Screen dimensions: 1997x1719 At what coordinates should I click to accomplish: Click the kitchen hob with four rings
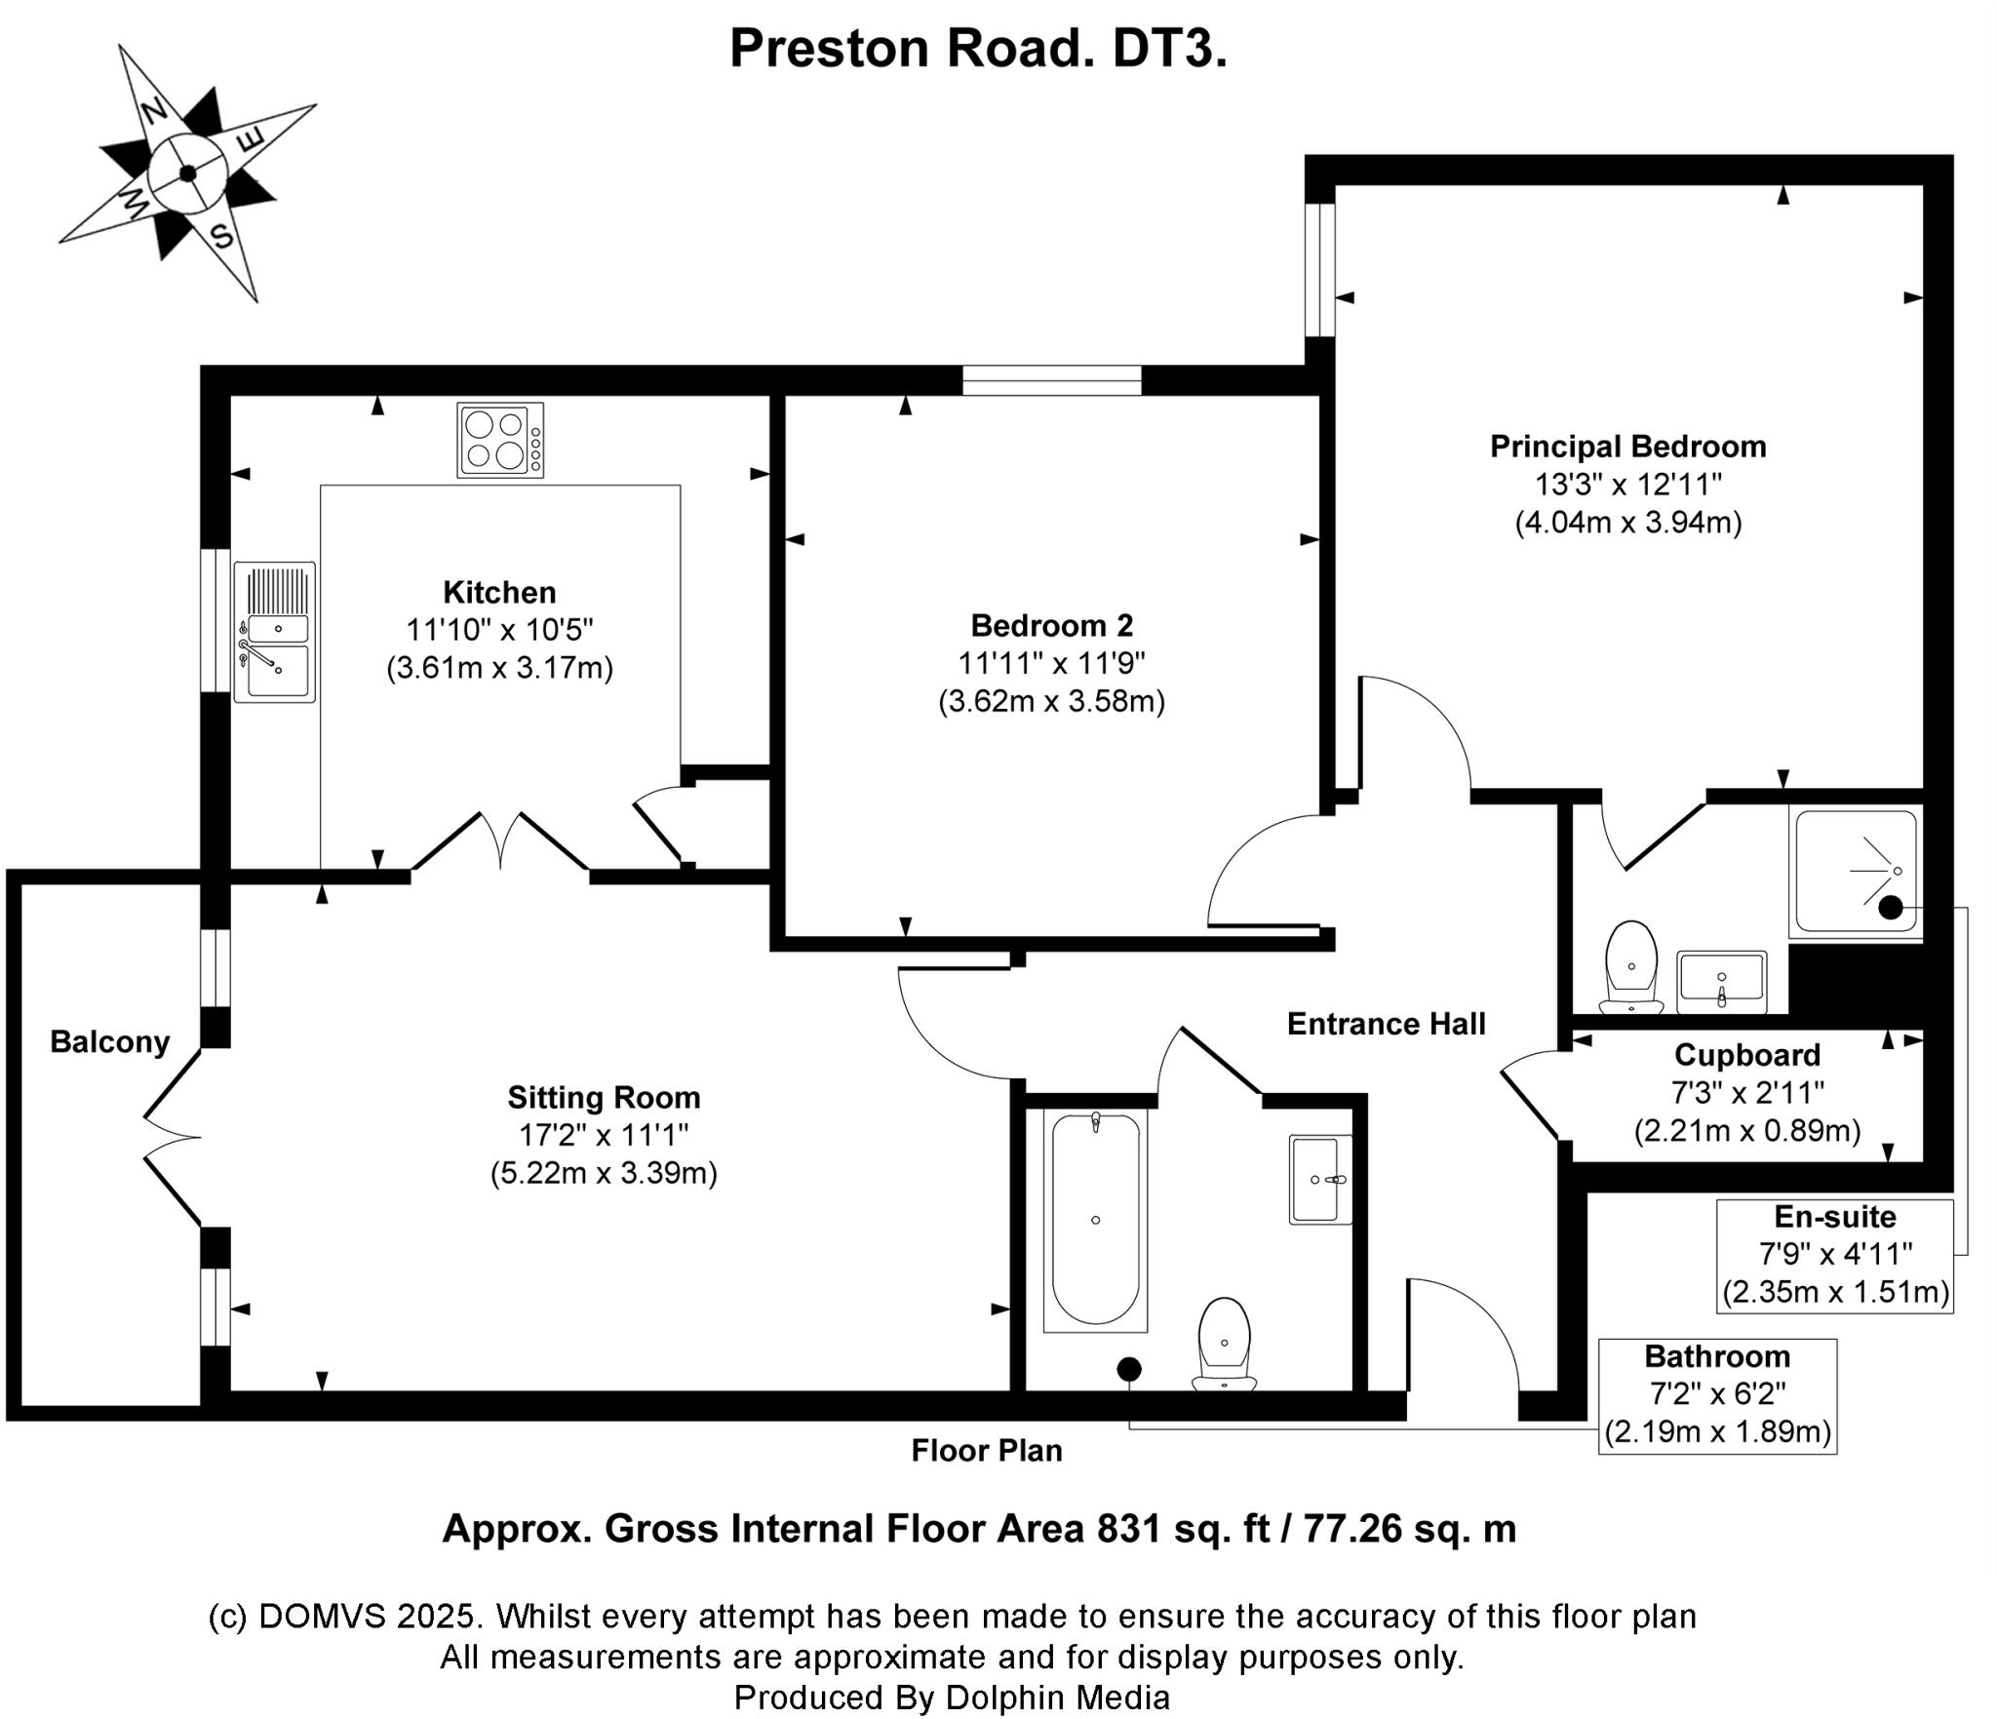point(500,440)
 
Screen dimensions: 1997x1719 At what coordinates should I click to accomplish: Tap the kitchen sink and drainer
point(275,632)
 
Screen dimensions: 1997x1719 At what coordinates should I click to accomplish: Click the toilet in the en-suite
point(1631,967)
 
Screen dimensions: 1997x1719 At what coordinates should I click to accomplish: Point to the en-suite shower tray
point(1856,871)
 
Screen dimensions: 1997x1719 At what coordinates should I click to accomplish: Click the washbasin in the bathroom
point(1320,1179)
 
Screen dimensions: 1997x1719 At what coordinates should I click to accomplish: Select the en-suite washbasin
point(1721,982)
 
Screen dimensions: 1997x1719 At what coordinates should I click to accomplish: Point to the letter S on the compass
point(221,235)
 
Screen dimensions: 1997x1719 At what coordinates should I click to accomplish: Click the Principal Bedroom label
point(1628,447)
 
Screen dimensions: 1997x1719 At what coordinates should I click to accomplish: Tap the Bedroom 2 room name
point(1051,625)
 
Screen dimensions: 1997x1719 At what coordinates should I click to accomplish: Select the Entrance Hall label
point(1386,1024)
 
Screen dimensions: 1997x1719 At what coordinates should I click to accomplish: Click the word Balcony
point(110,1042)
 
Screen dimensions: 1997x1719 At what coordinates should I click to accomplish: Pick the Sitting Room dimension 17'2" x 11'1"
point(604,1135)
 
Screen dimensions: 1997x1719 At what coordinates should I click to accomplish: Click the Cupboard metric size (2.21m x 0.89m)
point(1747,1130)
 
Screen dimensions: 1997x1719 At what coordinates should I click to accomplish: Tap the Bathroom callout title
point(1717,1356)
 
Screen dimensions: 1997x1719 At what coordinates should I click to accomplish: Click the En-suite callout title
point(1835,1217)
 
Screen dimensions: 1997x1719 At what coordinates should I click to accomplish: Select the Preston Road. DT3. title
point(978,48)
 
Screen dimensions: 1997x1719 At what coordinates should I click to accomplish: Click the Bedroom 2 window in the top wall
point(1051,379)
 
